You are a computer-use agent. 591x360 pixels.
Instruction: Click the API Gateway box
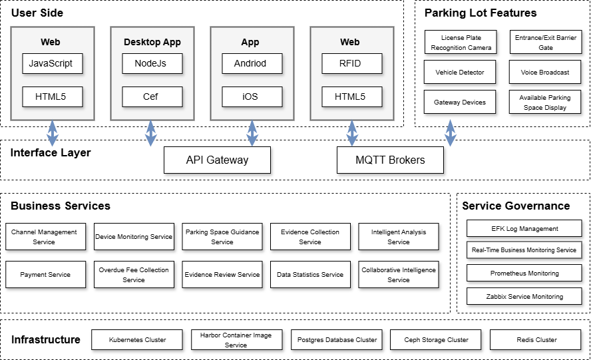click(x=217, y=160)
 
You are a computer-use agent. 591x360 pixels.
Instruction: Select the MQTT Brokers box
click(x=390, y=160)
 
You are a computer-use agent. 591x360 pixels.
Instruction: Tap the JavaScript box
click(x=52, y=64)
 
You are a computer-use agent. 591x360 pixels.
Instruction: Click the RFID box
click(x=351, y=64)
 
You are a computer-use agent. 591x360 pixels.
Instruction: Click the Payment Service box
click(x=46, y=275)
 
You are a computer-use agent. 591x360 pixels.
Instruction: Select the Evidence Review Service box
click(x=222, y=275)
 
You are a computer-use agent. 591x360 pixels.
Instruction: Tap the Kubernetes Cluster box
click(x=137, y=340)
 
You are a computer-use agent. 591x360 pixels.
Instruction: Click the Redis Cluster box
click(x=536, y=340)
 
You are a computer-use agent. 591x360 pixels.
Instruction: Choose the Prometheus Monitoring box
click(x=524, y=273)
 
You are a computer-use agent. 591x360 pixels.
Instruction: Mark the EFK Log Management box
click(x=524, y=229)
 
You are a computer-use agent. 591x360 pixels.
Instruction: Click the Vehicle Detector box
click(x=460, y=72)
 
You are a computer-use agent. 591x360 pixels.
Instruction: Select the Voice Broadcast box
click(x=545, y=72)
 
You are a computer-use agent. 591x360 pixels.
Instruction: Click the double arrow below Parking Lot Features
click(x=451, y=133)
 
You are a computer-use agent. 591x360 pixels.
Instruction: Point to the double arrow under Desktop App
click(x=151, y=133)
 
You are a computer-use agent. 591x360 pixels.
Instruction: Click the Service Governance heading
click(x=516, y=206)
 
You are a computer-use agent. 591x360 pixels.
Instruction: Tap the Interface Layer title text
click(x=51, y=153)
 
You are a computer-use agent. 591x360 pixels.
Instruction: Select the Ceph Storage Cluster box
click(x=437, y=340)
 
